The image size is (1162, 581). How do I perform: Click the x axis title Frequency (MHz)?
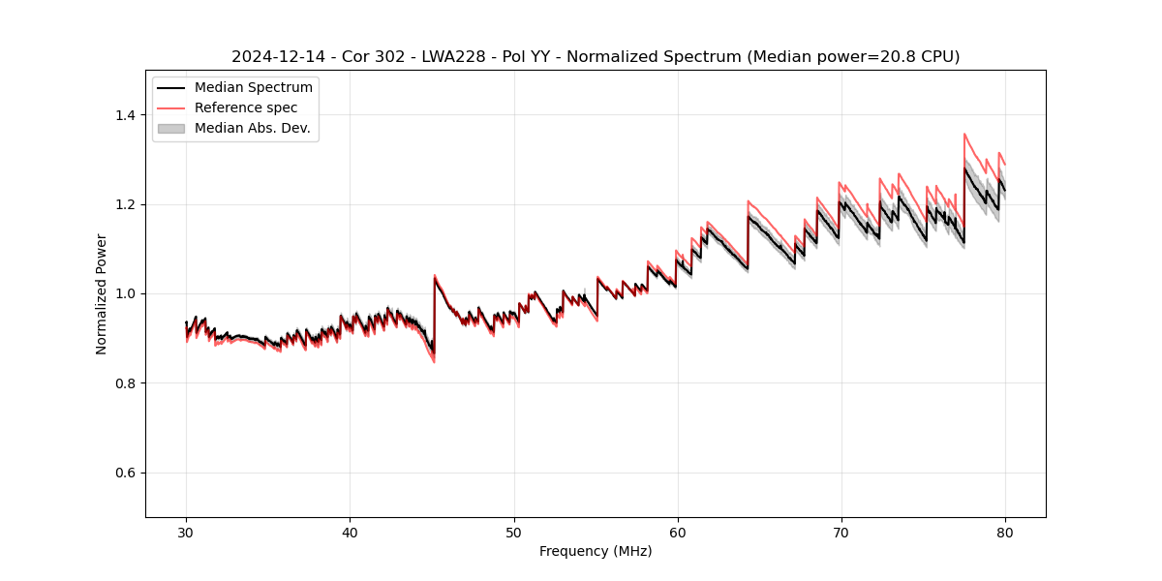coord(596,551)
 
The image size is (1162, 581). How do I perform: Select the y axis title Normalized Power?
coord(102,293)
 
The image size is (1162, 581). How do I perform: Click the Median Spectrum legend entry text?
coord(254,88)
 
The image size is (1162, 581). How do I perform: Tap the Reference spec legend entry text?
coord(246,107)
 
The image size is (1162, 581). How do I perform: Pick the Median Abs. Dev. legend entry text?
coord(253,128)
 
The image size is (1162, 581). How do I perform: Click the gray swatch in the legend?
coord(171,128)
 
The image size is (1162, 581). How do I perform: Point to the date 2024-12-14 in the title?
coord(278,57)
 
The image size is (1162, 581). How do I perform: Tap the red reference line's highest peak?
coord(964,134)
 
